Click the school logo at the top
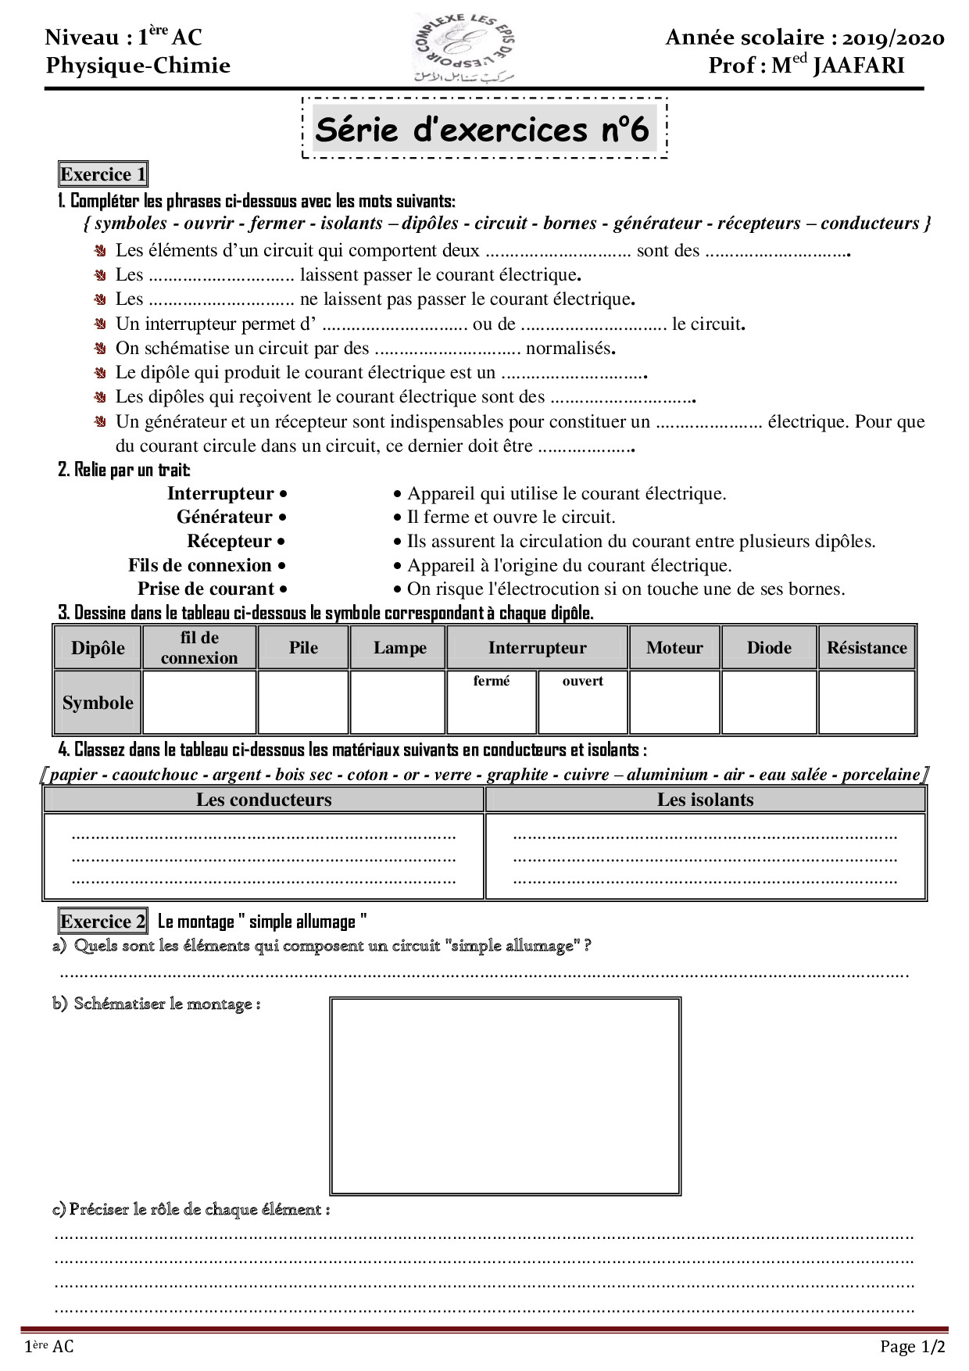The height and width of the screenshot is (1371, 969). point(464,48)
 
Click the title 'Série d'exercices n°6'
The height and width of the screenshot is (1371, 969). point(482,129)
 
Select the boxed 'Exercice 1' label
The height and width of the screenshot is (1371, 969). point(103,174)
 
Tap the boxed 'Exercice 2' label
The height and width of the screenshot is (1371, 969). point(103,922)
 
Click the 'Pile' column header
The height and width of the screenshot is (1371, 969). point(303,647)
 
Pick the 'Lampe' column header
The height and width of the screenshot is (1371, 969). point(399,647)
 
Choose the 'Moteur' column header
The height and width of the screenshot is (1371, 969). point(674,647)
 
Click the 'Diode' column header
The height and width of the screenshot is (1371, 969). point(769,647)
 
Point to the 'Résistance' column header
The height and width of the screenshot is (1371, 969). point(867,647)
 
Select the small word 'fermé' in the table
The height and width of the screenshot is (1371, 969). point(492,681)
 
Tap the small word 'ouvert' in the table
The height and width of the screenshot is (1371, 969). point(583,681)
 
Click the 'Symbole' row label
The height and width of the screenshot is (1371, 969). point(98,703)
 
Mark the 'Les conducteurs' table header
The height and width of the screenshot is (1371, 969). point(263,799)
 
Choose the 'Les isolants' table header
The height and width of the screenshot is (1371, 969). point(705,799)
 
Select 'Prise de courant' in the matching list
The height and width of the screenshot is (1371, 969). point(206,589)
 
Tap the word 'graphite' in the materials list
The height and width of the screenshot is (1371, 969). point(517,775)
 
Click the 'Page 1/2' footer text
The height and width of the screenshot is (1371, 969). point(912,1346)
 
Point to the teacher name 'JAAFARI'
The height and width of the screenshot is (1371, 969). point(859,65)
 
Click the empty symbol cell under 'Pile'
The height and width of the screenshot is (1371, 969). point(303,703)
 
